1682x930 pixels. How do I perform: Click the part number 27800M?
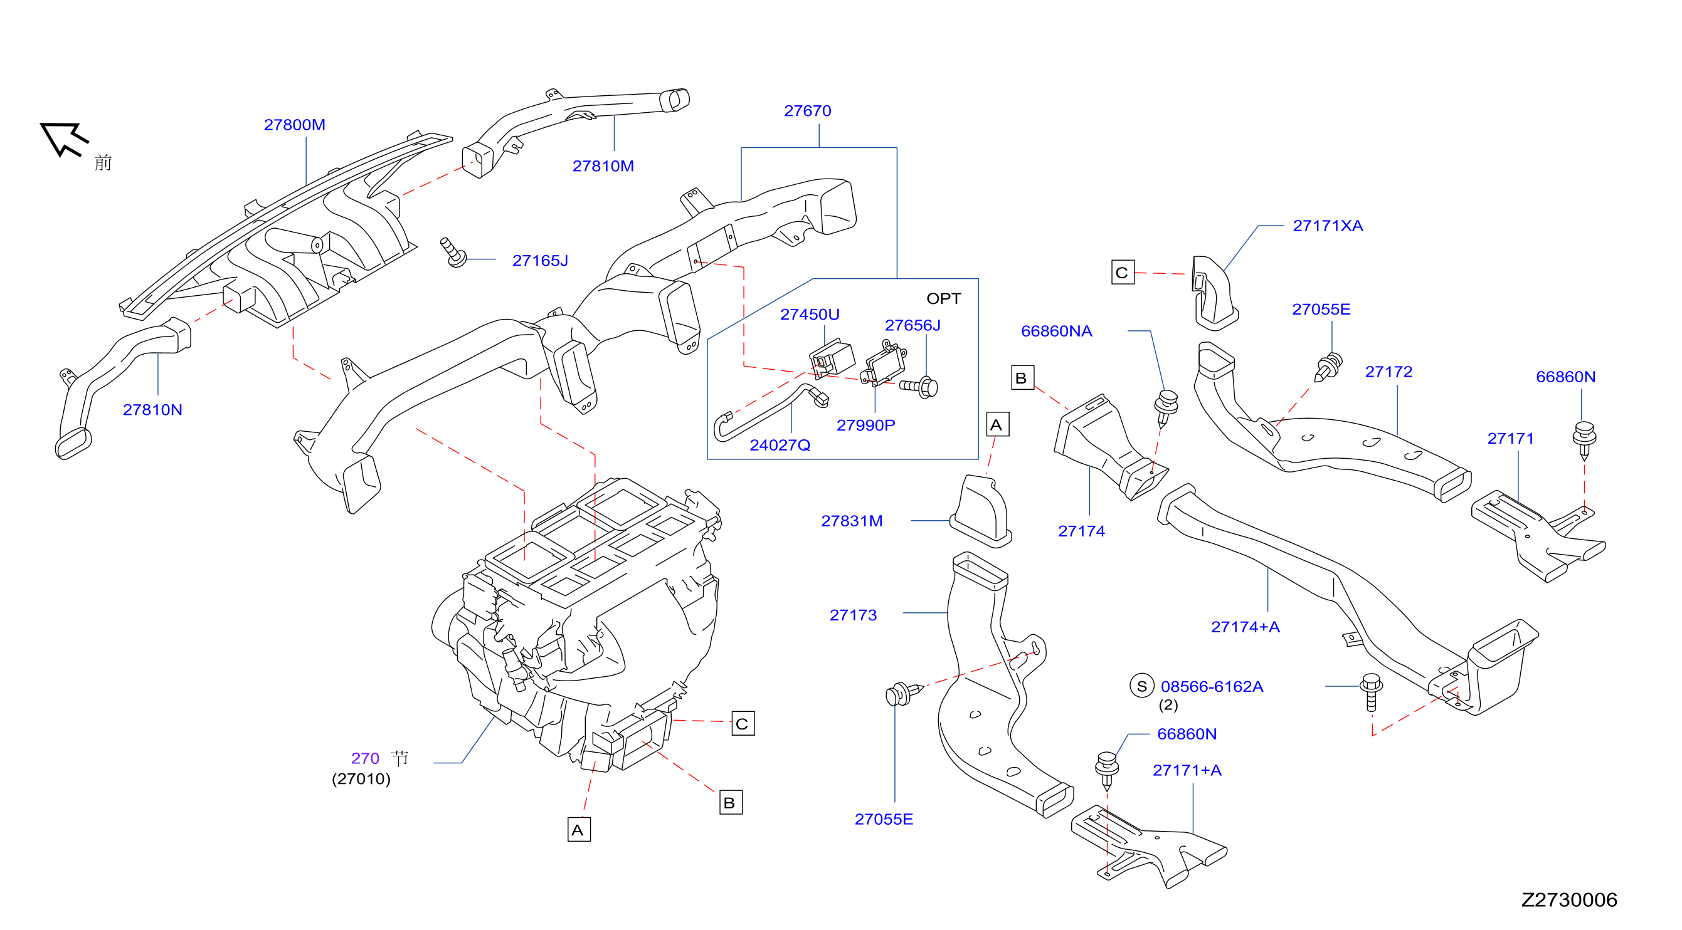pyautogui.click(x=295, y=125)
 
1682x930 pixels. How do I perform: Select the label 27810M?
pyautogui.click(x=603, y=166)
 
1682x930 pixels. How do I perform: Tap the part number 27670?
pyautogui.click(x=807, y=111)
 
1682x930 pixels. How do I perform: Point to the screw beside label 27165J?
pyautogui.click(x=454, y=253)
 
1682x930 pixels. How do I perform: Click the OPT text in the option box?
pyautogui.click(x=943, y=299)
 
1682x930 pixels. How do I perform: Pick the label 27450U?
pyautogui.click(x=810, y=315)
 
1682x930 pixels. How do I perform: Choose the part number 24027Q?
pyautogui.click(x=780, y=445)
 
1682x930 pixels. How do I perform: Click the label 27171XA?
pyautogui.click(x=1328, y=226)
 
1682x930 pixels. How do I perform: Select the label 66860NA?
pyautogui.click(x=1056, y=331)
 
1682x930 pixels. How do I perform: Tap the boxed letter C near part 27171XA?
pyautogui.click(x=1123, y=272)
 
